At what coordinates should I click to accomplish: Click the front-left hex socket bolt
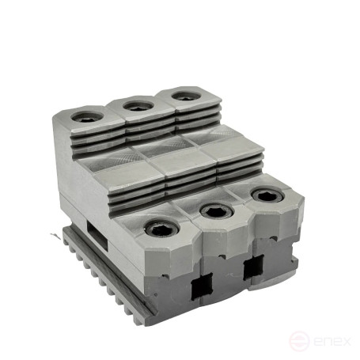tap(162, 228)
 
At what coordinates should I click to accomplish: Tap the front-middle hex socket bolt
tap(217, 210)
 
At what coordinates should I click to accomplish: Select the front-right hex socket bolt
tap(267, 195)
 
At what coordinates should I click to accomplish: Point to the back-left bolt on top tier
tap(87, 116)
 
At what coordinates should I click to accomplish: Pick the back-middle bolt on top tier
tap(138, 106)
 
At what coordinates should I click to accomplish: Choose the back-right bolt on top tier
tap(186, 96)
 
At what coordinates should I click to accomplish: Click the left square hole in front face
tap(202, 286)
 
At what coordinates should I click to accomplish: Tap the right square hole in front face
tap(254, 267)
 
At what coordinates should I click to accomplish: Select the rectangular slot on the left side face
tap(97, 236)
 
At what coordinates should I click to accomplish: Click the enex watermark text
tap(332, 341)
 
